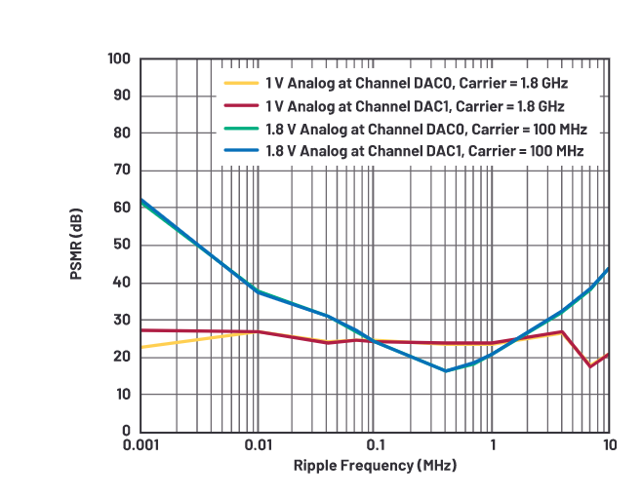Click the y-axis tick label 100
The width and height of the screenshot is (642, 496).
click(x=119, y=58)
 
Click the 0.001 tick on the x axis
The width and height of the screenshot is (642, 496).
click(x=140, y=444)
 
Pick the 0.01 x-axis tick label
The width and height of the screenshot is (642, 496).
click(x=258, y=444)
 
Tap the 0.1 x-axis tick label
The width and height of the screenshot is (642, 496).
click(x=375, y=444)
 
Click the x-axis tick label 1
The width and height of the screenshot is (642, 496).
click(x=493, y=444)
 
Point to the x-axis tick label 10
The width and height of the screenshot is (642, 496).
click(x=609, y=444)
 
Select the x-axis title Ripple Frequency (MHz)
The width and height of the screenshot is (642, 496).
click(x=376, y=465)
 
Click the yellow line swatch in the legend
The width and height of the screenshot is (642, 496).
click(x=240, y=84)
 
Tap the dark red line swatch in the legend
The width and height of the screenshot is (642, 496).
click(x=240, y=105)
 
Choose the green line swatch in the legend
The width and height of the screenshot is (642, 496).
click(x=240, y=128)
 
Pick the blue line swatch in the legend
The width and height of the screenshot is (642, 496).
click(x=240, y=150)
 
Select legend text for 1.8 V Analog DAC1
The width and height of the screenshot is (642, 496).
click(x=424, y=150)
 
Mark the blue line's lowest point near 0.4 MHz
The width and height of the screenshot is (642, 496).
click(x=446, y=370)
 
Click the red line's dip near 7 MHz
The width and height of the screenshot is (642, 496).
click(x=590, y=366)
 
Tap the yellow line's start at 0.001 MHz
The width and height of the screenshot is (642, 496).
click(x=141, y=347)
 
